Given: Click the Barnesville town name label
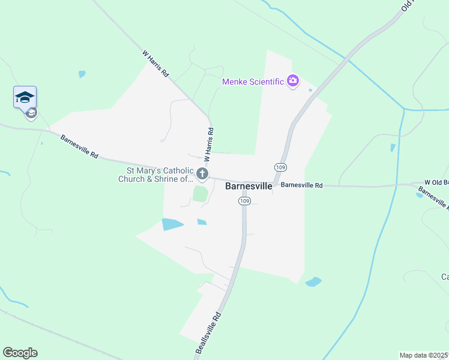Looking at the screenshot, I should click(x=249, y=186).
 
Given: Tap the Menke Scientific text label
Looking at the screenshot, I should click(x=253, y=82).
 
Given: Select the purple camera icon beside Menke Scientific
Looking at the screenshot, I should click(x=293, y=81).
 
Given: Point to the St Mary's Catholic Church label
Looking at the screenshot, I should click(x=155, y=175).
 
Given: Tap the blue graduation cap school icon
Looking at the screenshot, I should click(x=25, y=97).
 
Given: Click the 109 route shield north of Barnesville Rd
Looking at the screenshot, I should click(x=280, y=167).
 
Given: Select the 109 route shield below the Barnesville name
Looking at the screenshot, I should click(x=244, y=201).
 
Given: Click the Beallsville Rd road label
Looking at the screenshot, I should click(x=209, y=331).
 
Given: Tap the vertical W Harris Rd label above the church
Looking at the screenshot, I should click(x=209, y=145).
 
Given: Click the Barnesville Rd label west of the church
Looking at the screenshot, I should click(x=79, y=146).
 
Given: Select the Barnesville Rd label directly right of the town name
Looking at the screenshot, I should click(x=302, y=185).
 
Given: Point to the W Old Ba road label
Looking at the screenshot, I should click(x=436, y=182).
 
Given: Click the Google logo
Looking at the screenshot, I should click(x=20, y=353).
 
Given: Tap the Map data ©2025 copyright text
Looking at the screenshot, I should click(x=424, y=355).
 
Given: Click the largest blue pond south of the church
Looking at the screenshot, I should click(x=172, y=224).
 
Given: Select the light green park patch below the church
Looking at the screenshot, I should click(x=200, y=194).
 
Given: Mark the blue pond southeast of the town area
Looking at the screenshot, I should click(x=313, y=281).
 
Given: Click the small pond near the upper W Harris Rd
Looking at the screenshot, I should click(x=82, y=74).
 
